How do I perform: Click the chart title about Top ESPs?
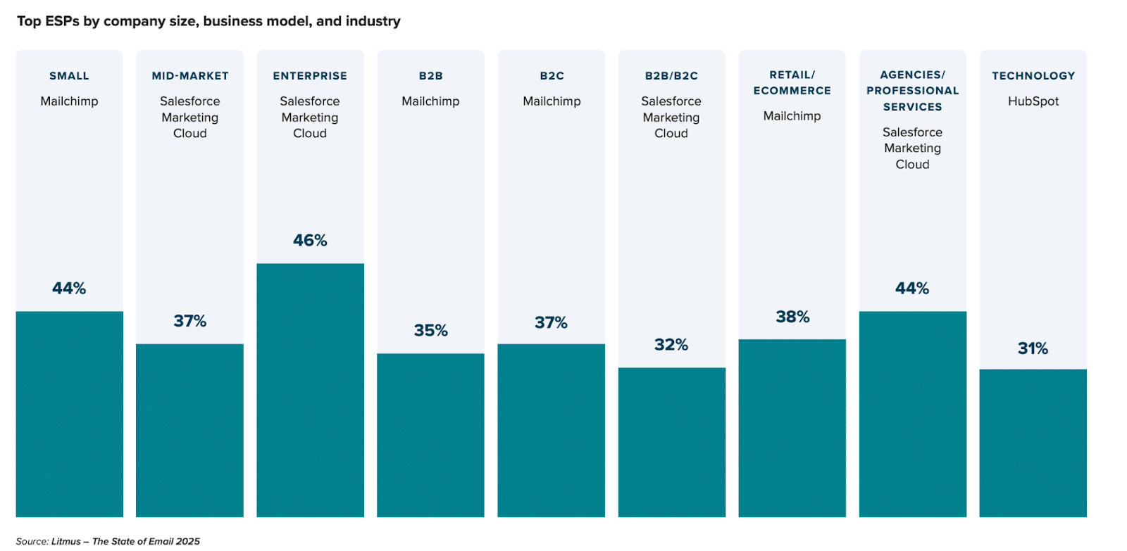[x=208, y=21]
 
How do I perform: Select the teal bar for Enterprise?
[x=310, y=390]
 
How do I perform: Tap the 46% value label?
[x=310, y=241]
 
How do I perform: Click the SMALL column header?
[x=69, y=76]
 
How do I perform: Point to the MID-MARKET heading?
[x=190, y=76]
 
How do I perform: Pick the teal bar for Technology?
[x=1033, y=443]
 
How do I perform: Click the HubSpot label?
[x=1033, y=101]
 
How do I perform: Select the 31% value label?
[x=1033, y=348]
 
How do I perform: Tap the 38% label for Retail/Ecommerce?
[x=792, y=317]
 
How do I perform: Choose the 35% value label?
[x=430, y=331]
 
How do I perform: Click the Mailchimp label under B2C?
[x=552, y=101]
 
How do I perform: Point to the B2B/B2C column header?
[x=671, y=76]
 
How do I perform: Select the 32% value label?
[x=671, y=345]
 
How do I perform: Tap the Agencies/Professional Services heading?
[x=912, y=91]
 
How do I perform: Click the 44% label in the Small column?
[x=69, y=289]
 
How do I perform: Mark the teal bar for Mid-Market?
[x=189, y=430]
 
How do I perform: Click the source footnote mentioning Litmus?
[x=108, y=541]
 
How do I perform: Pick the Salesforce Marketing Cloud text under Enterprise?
[x=310, y=118]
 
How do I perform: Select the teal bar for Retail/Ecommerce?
[x=792, y=428]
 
